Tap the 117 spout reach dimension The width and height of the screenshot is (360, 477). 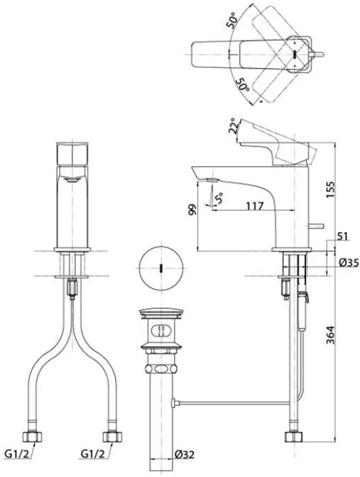[254, 206]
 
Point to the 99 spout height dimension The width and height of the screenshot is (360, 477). [192, 210]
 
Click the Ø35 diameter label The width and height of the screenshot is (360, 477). [348, 262]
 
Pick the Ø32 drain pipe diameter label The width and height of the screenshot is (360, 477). [185, 455]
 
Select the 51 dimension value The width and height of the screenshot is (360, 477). [343, 236]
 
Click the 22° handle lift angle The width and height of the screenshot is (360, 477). [233, 125]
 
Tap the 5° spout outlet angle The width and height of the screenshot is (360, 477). [219, 198]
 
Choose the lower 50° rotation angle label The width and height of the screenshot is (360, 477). [243, 84]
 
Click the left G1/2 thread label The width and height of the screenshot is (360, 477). [17, 455]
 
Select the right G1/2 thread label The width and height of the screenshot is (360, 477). [93, 455]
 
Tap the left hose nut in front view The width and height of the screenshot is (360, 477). [32, 436]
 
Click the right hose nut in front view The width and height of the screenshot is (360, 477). [112, 436]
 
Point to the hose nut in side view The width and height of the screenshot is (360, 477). [294, 436]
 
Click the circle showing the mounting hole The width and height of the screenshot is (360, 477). [161, 267]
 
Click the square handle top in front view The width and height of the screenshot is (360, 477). [72, 154]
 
